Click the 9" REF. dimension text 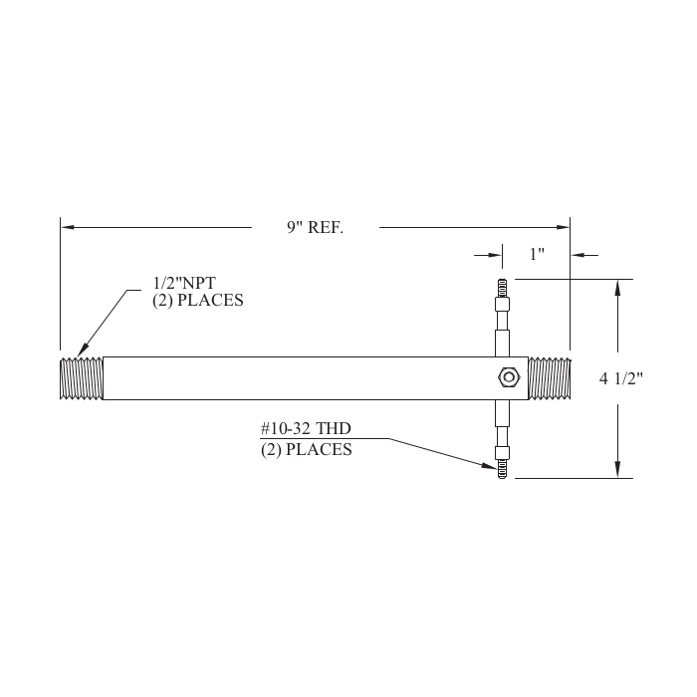tap(315, 228)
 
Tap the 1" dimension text tap(537, 255)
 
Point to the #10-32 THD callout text tap(306, 429)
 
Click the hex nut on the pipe tap(508, 377)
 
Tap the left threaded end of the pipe tap(82, 378)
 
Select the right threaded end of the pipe tap(549, 378)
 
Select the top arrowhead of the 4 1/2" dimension tap(619, 287)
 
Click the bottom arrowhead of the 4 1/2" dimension tap(619, 470)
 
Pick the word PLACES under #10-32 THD tap(320, 450)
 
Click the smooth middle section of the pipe tap(299, 378)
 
